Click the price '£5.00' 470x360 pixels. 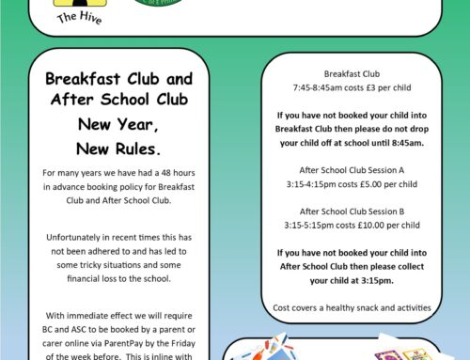point(360,183)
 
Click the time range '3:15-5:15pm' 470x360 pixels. point(309,226)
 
